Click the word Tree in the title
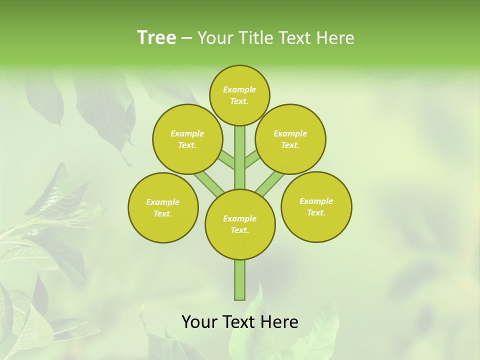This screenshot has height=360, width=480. [x=156, y=38]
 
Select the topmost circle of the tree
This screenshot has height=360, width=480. [x=239, y=95]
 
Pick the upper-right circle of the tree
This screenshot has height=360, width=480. [x=290, y=139]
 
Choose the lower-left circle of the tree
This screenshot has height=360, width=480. [x=163, y=207]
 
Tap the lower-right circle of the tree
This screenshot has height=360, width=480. [x=316, y=206]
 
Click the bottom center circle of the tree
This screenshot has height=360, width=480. [x=240, y=224]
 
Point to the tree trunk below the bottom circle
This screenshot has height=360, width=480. [x=240, y=280]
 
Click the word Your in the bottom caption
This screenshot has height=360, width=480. [x=199, y=321]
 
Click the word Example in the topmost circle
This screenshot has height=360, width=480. [x=239, y=89]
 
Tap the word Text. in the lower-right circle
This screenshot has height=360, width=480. [x=316, y=212]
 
